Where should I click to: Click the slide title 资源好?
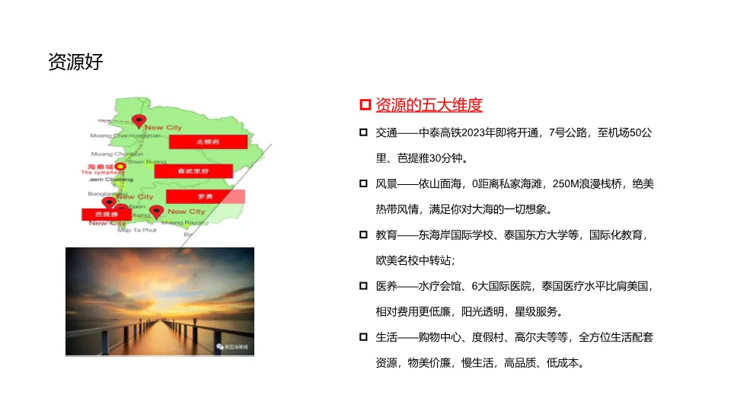click(75, 62)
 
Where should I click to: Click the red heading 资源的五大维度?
click(429, 105)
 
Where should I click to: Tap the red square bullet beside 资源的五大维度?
click(364, 105)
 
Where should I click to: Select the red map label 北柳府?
click(208, 142)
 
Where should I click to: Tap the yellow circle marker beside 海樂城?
click(120, 166)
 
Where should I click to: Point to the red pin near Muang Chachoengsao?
click(139, 120)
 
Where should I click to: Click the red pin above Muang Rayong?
click(156, 211)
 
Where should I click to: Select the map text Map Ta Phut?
click(137, 229)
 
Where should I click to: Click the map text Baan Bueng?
click(147, 161)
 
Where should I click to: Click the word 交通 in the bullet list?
click(386, 133)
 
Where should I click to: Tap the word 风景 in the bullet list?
click(386, 184)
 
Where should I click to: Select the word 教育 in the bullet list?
click(386, 235)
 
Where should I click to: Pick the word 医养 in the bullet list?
click(386, 286)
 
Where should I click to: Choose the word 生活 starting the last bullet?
click(386, 337)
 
